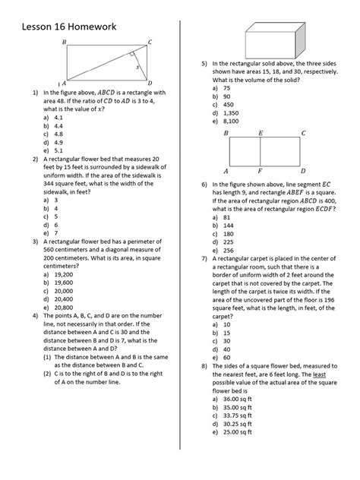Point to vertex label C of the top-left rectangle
150,43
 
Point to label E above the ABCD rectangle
261,133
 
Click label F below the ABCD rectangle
261,172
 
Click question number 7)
204,258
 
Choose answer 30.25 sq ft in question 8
239,423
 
